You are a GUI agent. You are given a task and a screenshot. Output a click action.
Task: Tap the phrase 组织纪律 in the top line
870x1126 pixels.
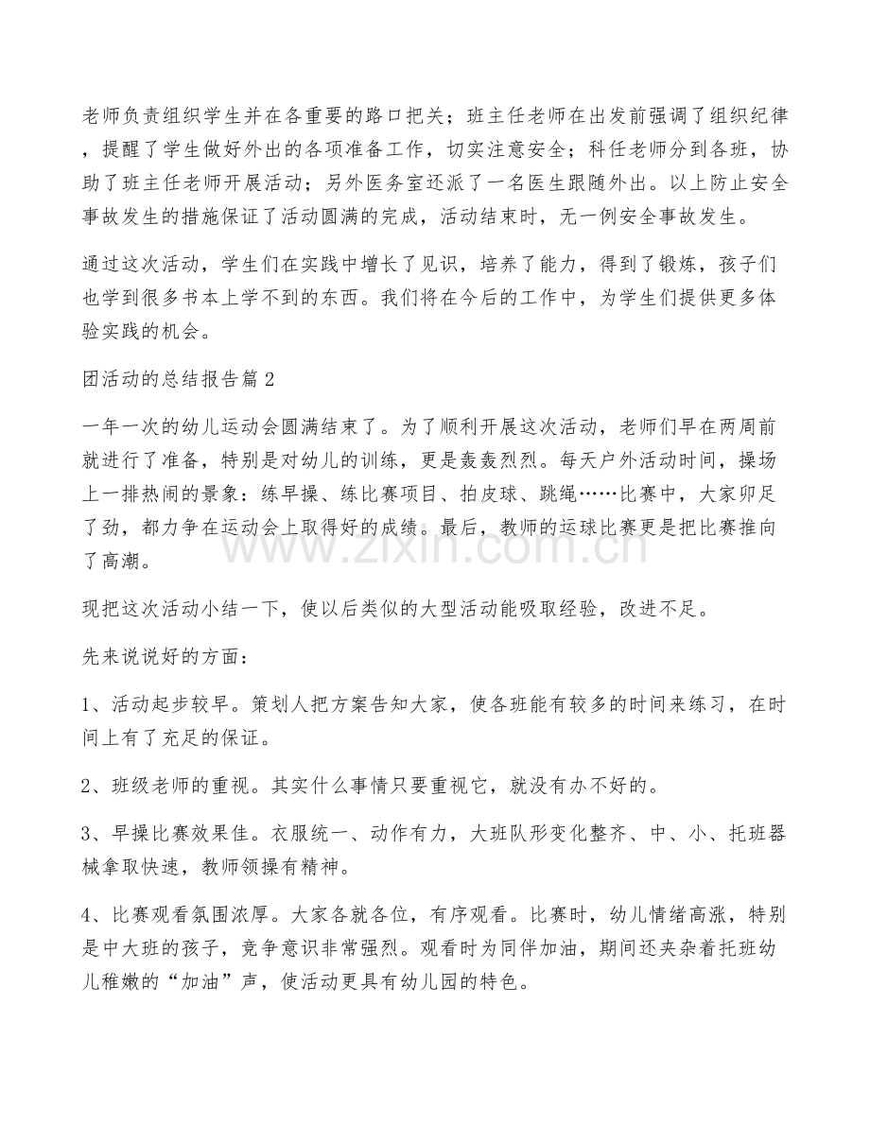739,118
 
